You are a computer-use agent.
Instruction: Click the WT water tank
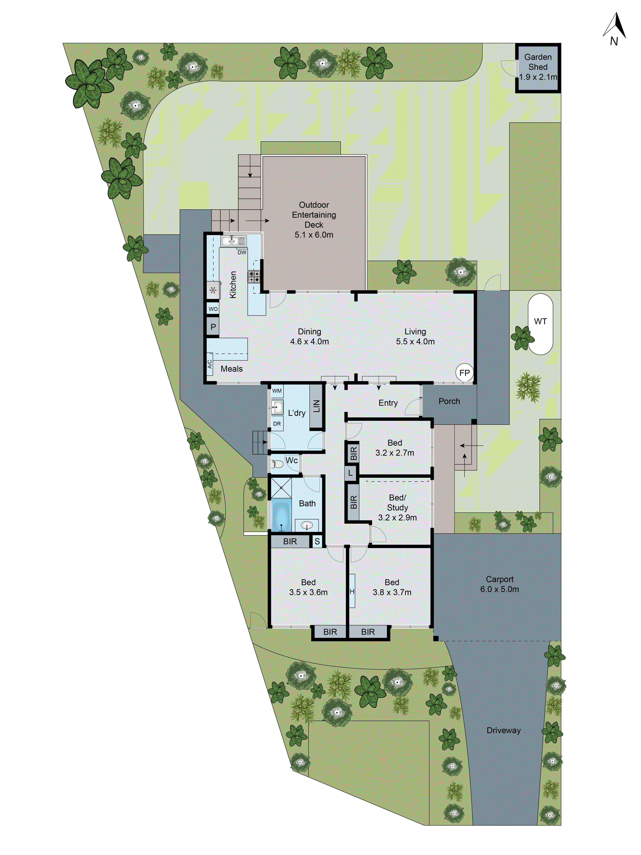[x=540, y=324]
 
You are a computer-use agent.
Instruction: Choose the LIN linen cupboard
[x=316, y=406]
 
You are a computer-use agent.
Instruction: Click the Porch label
[x=449, y=401]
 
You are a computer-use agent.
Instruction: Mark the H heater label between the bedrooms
[x=352, y=591]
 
